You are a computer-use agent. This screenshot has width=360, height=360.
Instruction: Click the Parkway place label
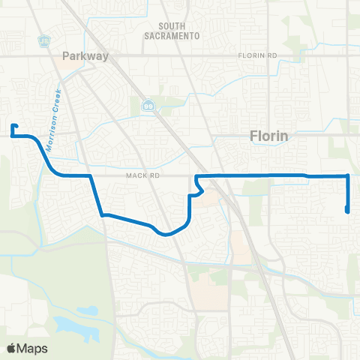pyautogui.click(x=86, y=55)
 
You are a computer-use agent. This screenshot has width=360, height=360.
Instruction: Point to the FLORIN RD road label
pyautogui.click(x=257, y=56)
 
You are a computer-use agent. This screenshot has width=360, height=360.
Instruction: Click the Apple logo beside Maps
pyautogui.click(x=12, y=348)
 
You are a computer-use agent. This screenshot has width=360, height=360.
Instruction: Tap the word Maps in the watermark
pyautogui.click(x=32, y=348)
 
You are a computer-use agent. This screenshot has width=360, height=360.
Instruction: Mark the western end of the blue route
pyautogui.click(x=13, y=126)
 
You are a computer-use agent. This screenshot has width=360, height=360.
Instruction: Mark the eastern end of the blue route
pyautogui.click(x=347, y=211)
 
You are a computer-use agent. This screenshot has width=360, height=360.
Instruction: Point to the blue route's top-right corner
pyautogui.click(x=348, y=175)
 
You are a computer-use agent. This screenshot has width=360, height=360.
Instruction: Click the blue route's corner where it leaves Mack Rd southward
pyautogui.click(x=91, y=176)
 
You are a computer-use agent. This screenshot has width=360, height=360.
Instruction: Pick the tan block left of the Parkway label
pyautogui.click(x=70, y=67)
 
